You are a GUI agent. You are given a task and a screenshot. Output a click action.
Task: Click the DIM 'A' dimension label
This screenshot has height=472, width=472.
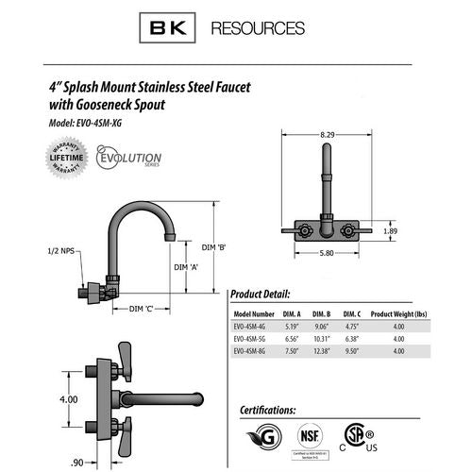188,267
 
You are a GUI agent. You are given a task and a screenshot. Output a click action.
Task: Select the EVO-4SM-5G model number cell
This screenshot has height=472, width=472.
252,337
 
